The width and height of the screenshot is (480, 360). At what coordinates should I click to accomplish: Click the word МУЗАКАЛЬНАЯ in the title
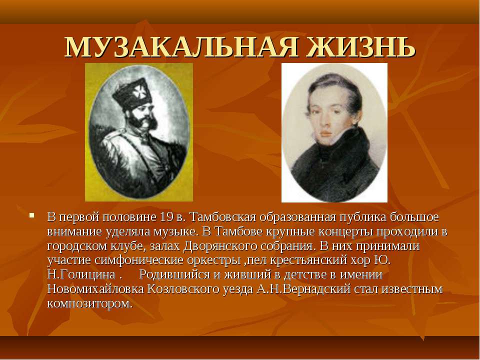coord(181,47)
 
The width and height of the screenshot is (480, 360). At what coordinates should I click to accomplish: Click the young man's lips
coord(325,133)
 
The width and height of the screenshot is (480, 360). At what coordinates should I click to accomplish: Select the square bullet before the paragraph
coord(31,215)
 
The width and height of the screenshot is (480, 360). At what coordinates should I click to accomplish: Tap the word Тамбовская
coord(222,217)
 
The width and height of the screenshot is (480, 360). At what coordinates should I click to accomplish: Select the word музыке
coord(174,231)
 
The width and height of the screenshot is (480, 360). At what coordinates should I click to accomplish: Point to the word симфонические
coord(139,260)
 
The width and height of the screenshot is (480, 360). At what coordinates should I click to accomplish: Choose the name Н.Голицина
coord(81,274)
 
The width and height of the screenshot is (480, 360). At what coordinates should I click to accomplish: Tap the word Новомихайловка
coord(95,289)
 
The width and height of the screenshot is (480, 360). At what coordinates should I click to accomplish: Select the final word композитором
coord(89,303)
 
